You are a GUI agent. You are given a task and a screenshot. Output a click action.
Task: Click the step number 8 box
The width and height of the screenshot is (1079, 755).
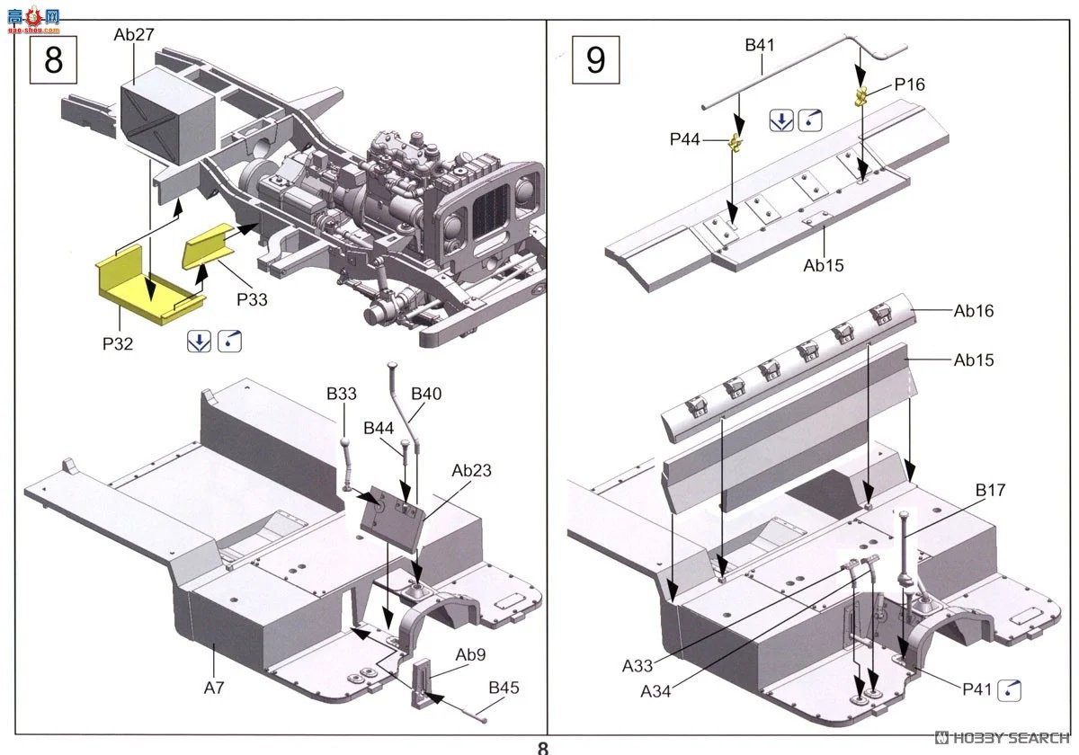click(54, 60)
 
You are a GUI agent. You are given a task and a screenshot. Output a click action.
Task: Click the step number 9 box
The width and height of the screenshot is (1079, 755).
click(595, 60)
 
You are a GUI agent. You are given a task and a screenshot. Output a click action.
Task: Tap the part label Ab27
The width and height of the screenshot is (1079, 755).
click(134, 35)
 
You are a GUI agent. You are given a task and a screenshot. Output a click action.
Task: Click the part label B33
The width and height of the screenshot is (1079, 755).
click(342, 394)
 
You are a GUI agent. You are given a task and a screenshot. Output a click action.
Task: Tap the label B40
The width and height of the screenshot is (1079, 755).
click(426, 394)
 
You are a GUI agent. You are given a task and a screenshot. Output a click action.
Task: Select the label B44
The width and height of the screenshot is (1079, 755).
click(379, 429)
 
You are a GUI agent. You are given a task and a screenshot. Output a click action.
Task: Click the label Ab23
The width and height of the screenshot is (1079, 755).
click(471, 471)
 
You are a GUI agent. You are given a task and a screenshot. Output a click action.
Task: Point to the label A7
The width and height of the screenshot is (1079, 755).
click(213, 688)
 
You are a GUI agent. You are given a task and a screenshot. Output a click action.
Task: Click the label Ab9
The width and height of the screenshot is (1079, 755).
click(471, 654)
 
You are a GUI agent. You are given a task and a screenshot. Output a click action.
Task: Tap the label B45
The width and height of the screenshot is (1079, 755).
click(504, 688)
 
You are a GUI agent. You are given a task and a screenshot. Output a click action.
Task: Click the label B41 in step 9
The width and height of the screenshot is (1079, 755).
click(760, 44)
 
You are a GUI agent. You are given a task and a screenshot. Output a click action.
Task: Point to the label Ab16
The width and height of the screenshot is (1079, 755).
click(974, 311)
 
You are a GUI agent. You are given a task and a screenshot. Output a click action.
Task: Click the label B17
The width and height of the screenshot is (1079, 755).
click(991, 491)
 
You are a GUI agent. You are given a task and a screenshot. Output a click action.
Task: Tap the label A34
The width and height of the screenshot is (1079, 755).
click(656, 691)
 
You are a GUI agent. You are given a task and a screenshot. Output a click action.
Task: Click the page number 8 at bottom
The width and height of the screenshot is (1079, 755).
click(542, 747)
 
